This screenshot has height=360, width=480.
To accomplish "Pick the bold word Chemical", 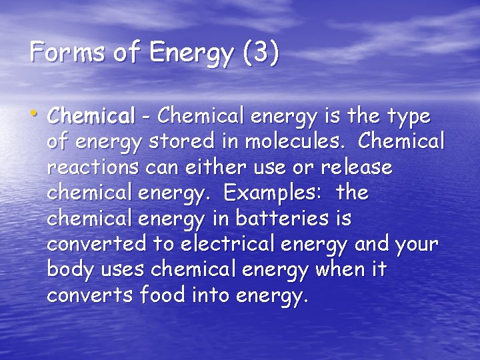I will point(91,117).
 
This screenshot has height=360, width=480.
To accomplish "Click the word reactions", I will point(91,167).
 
